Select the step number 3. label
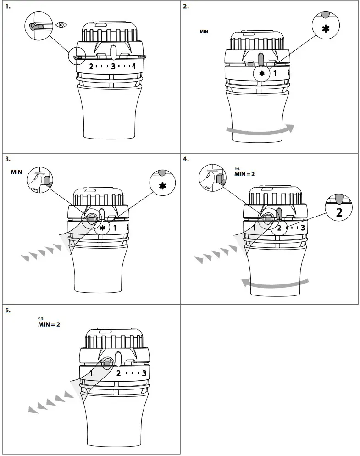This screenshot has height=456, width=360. (x=7, y=160)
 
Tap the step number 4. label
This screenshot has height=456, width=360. (x=186, y=160)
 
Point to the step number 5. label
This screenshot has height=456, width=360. (x=7, y=310)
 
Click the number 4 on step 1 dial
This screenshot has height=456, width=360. (x=133, y=66)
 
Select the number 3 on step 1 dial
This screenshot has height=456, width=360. (x=113, y=66)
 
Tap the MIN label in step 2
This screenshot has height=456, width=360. (x=204, y=32)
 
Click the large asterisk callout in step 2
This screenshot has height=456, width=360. (x=326, y=28)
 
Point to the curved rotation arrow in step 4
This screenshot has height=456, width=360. (x=275, y=283)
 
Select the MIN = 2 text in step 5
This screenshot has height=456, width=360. (x=49, y=324)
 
